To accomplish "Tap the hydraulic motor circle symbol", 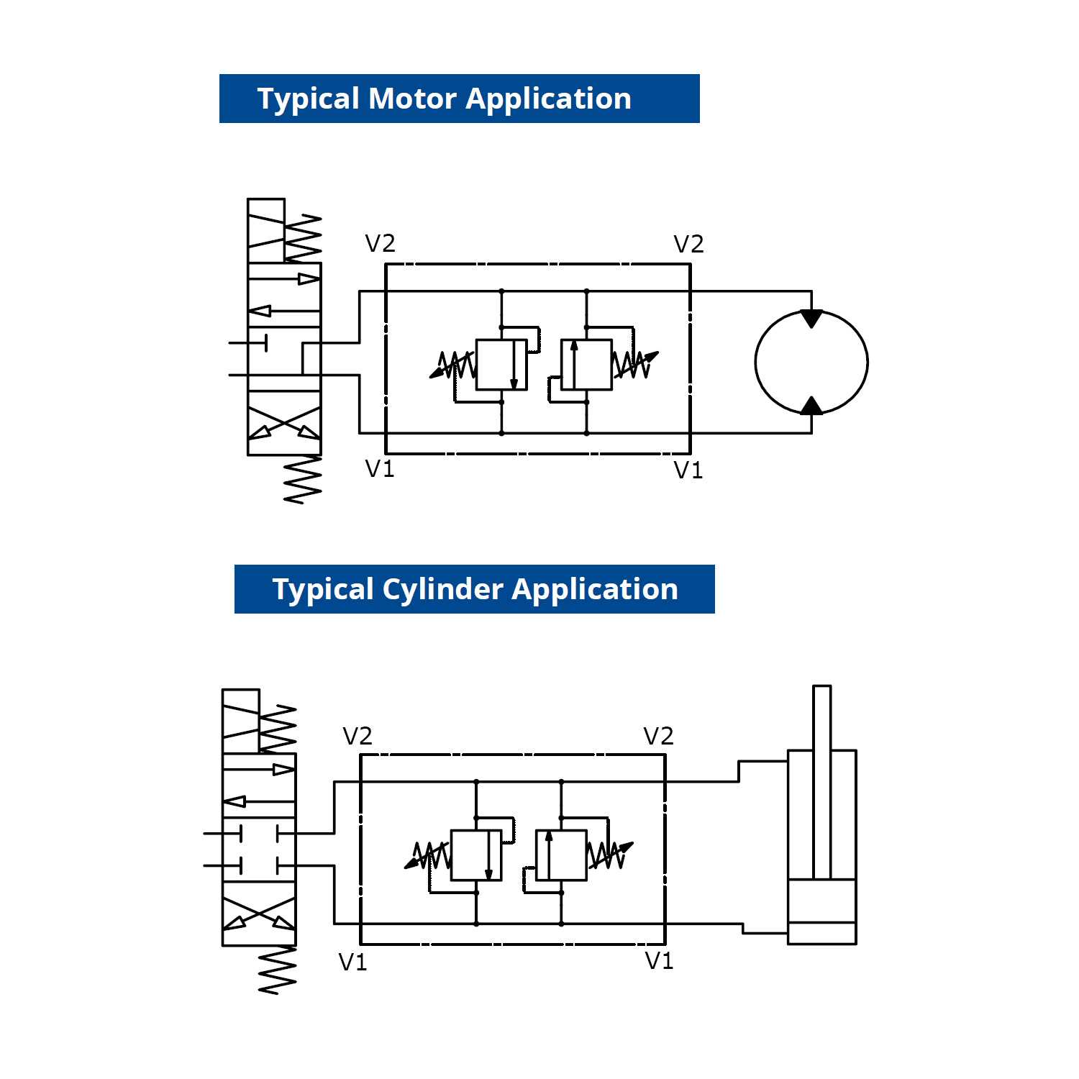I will coord(811,363).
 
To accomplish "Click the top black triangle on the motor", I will coord(811,318).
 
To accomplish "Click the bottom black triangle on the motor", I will coord(811,406).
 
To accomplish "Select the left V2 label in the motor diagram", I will coord(380,244).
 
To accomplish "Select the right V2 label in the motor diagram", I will coord(688,245).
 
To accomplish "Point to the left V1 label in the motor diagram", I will coord(380,469).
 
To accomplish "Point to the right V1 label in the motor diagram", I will coord(688,470).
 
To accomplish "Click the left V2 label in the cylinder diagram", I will coord(358,736).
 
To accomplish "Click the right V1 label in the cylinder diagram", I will coord(659,961).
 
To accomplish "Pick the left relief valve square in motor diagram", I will coord(501,365).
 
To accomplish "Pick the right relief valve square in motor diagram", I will coord(586,365).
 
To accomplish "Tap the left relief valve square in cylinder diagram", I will coord(476,855).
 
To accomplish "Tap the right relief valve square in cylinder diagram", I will coord(561,855).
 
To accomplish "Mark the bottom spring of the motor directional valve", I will coord(302,479).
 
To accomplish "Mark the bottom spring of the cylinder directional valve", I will coord(278,970).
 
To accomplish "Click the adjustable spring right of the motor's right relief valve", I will coord(634,365).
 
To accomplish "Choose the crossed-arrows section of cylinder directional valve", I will coord(259,914).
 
